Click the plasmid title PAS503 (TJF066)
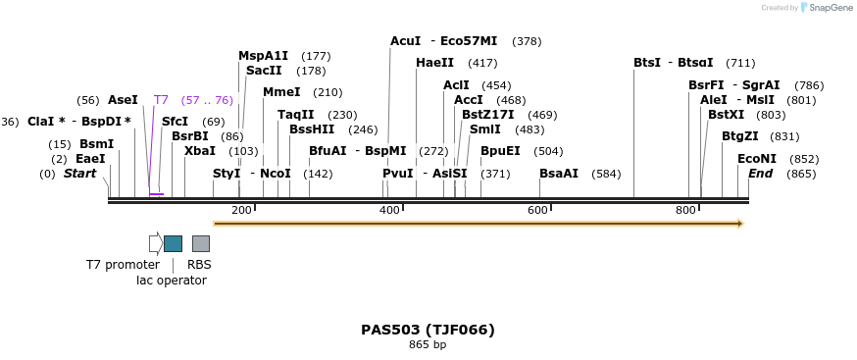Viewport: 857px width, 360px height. pos(428,330)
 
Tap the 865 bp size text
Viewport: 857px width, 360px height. pos(428,345)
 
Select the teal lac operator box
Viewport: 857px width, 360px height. pos(173,243)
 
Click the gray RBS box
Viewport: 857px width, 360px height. pos(200,243)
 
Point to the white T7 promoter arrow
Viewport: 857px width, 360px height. pos(156,243)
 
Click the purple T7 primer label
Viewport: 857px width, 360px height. pos(162,100)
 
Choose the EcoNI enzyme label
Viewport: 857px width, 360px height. pos(757,159)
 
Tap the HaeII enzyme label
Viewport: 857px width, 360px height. pos(435,63)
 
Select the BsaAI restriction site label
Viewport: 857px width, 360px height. pos(559,174)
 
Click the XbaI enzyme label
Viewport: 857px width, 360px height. pos(200,151)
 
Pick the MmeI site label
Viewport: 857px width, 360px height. pos(281,92)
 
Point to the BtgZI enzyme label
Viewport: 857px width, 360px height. pos(740,136)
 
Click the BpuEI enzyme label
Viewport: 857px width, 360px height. pos(500,151)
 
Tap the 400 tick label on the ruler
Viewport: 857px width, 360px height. pos(389,211)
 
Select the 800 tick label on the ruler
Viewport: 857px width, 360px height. pos(685,211)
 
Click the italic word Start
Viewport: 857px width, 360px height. pos(80,174)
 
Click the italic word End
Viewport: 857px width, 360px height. pos(761,174)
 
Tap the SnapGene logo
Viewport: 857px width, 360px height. pos(828,8)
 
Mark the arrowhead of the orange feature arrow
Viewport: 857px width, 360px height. pos(739,224)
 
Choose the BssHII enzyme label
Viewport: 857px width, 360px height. pos(312,129)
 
